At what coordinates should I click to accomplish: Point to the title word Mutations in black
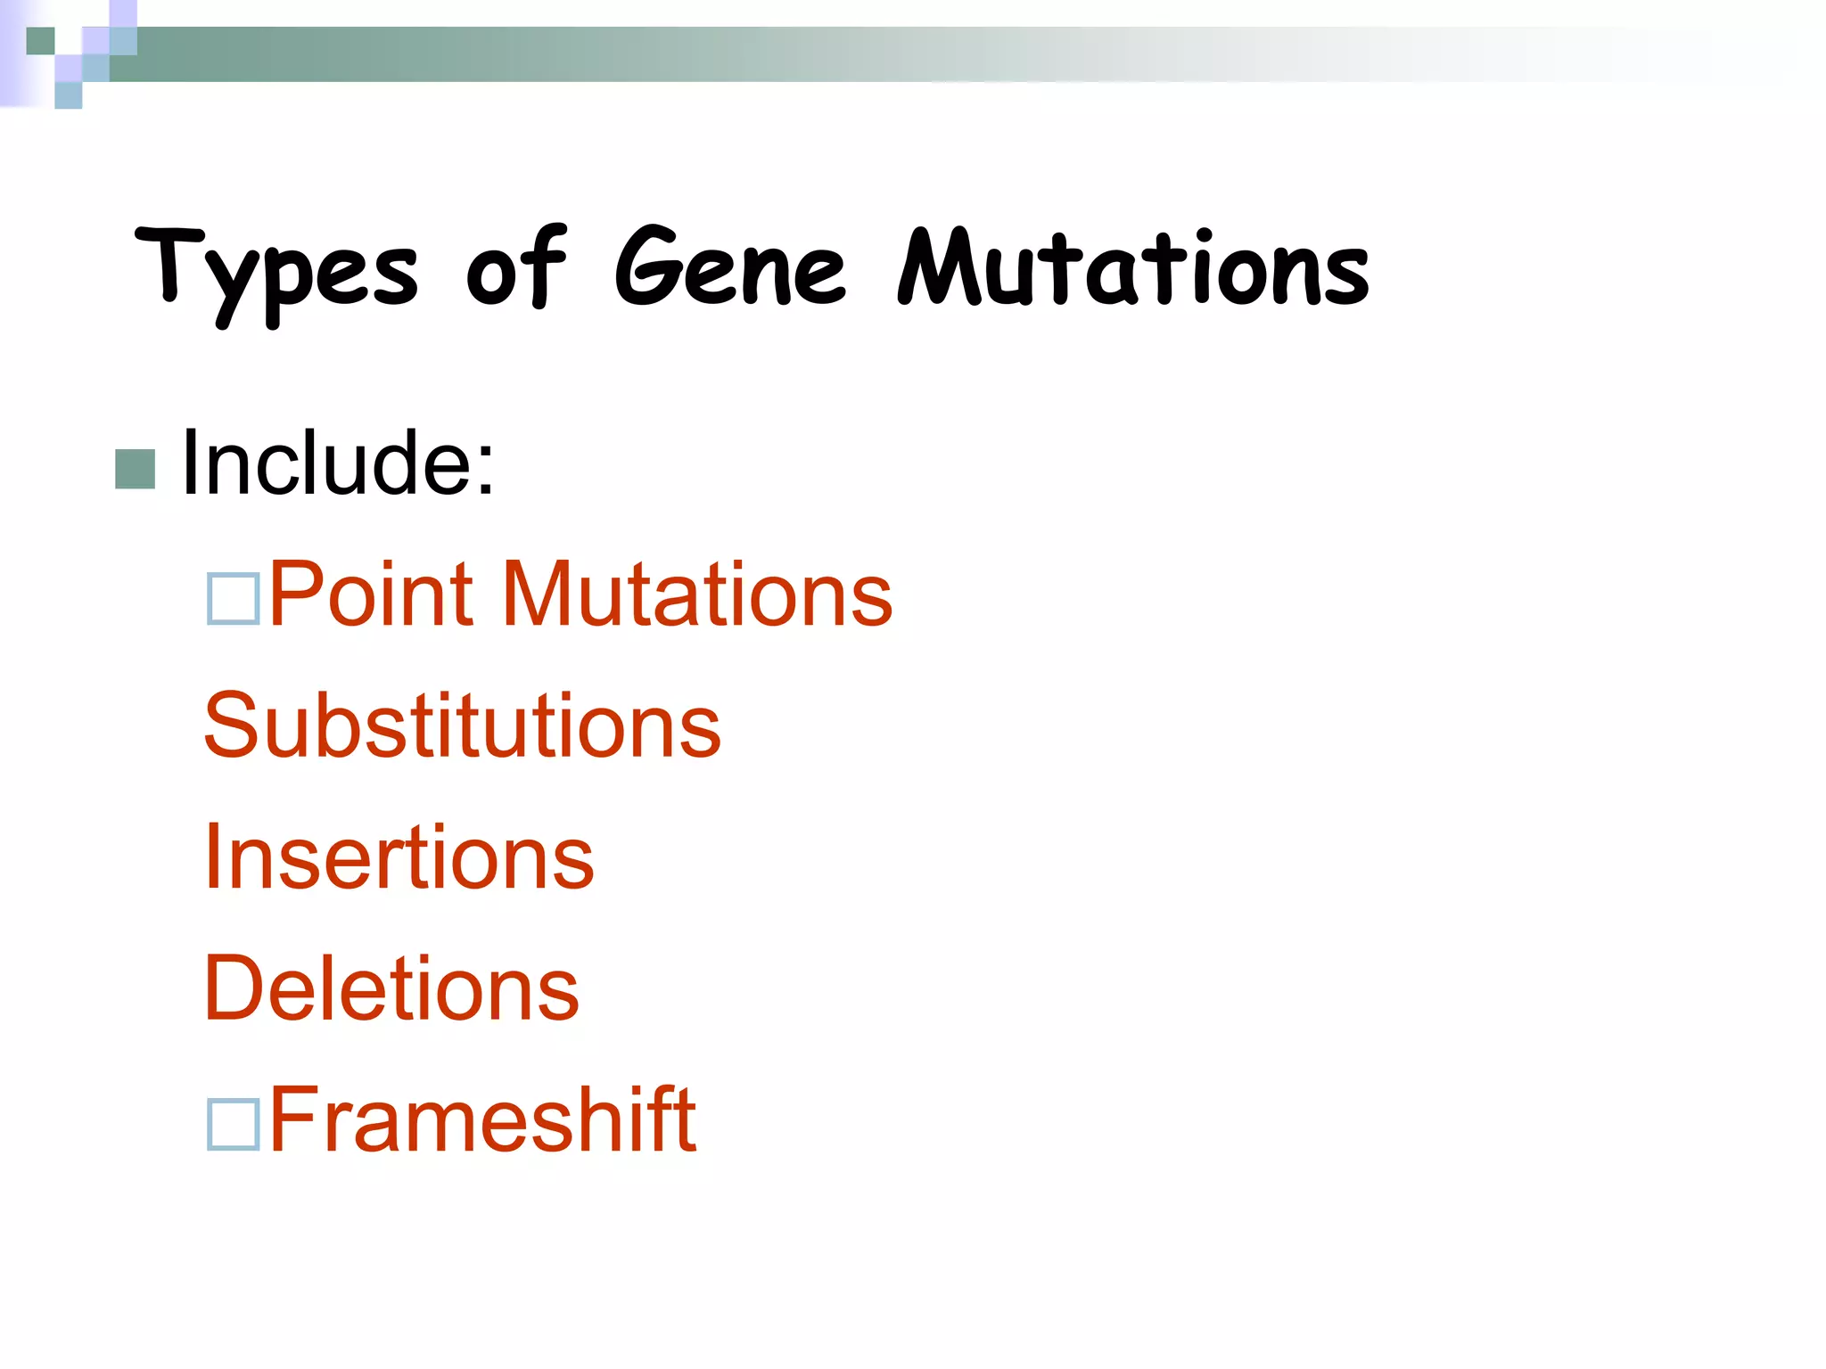coord(1132,267)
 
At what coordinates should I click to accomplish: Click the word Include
coord(326,463)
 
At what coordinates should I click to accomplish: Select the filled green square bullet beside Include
coord(136,469)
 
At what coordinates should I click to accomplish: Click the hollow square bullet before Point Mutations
coord(233,597)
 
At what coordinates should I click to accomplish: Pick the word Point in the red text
coord(371,594)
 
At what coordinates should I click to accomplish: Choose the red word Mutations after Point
coord(697,594)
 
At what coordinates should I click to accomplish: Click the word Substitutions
coord(462,726)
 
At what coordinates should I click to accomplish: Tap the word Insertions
coord(399,857)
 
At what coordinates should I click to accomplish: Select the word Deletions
coord(391,988)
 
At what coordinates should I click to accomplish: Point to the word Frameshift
coord(482,1119)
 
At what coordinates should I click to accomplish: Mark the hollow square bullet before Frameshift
coord(233,1124)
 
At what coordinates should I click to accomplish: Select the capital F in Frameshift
coord(295,1119)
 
